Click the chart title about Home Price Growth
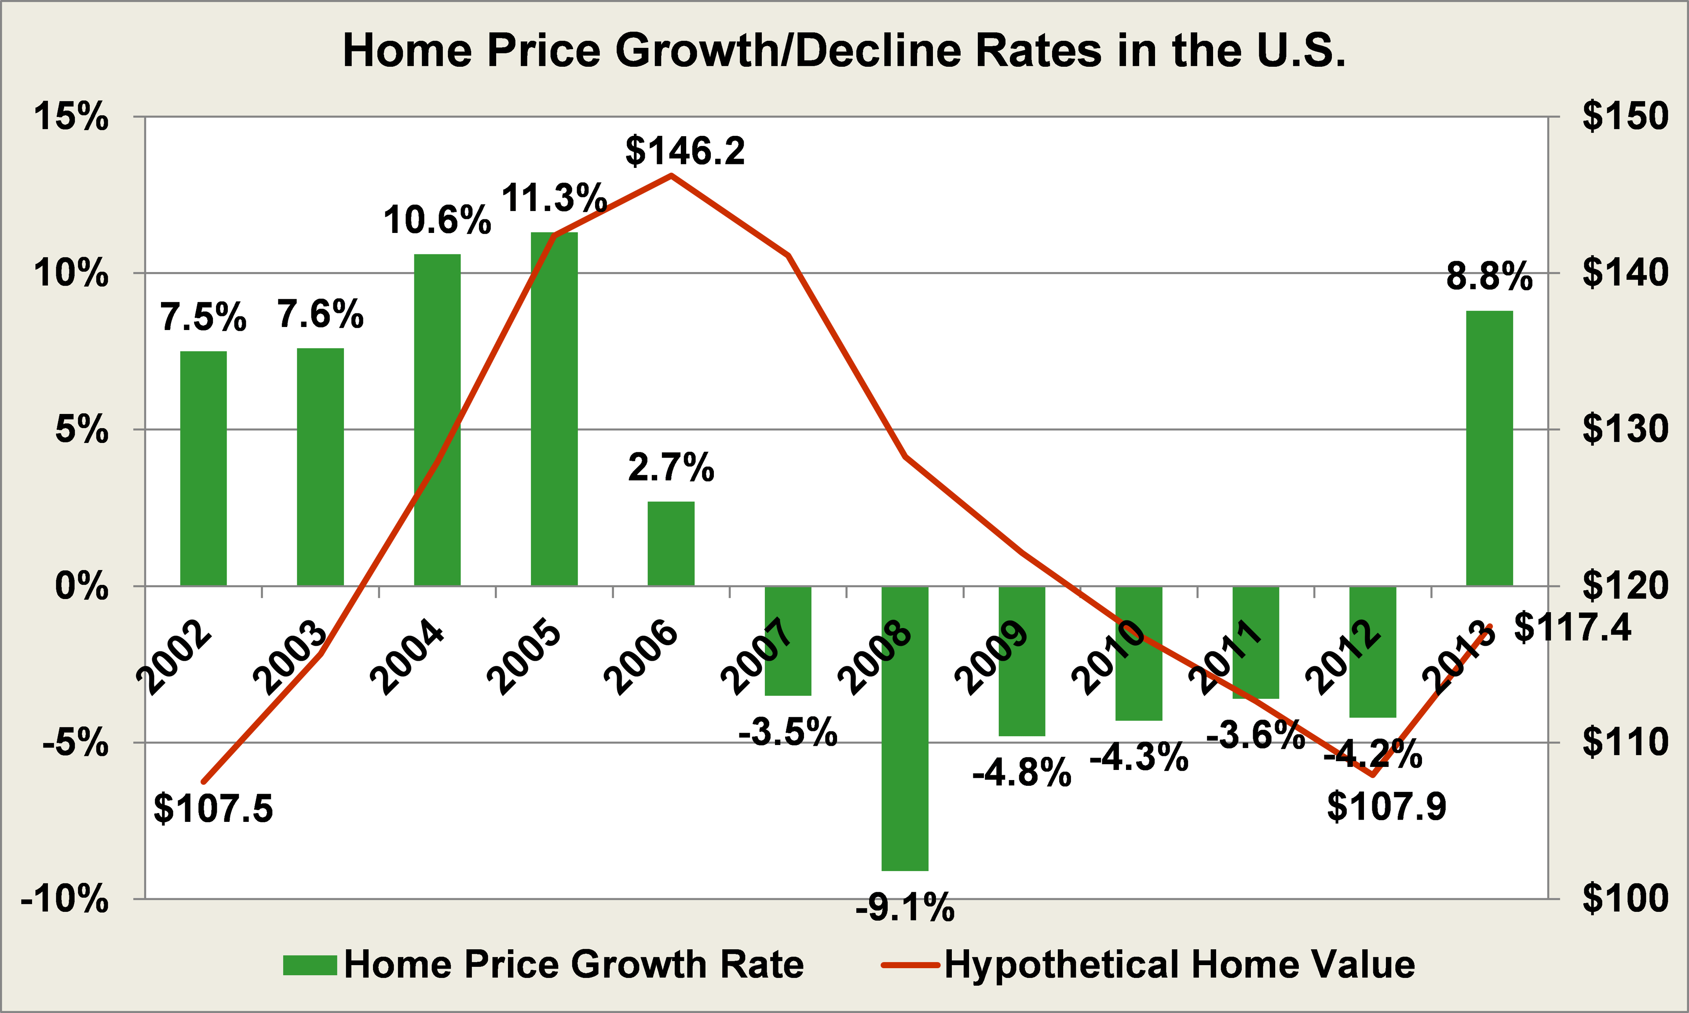tap(844, 51)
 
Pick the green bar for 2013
tap(1490, 448)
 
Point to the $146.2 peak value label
tap(685, 151)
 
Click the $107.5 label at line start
tap(213, 808)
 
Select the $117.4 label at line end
tap(1572, 627)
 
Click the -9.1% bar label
tap(905, 908)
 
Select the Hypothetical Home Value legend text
tap(1180, 965)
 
